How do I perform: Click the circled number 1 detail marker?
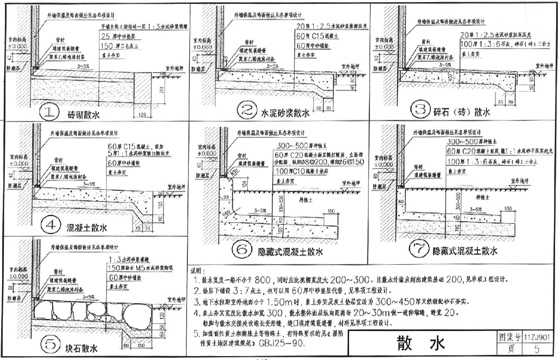(50, 113)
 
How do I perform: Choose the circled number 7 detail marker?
(420, 250)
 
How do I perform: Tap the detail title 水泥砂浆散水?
(285, 113)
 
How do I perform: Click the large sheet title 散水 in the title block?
(421, 344)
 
